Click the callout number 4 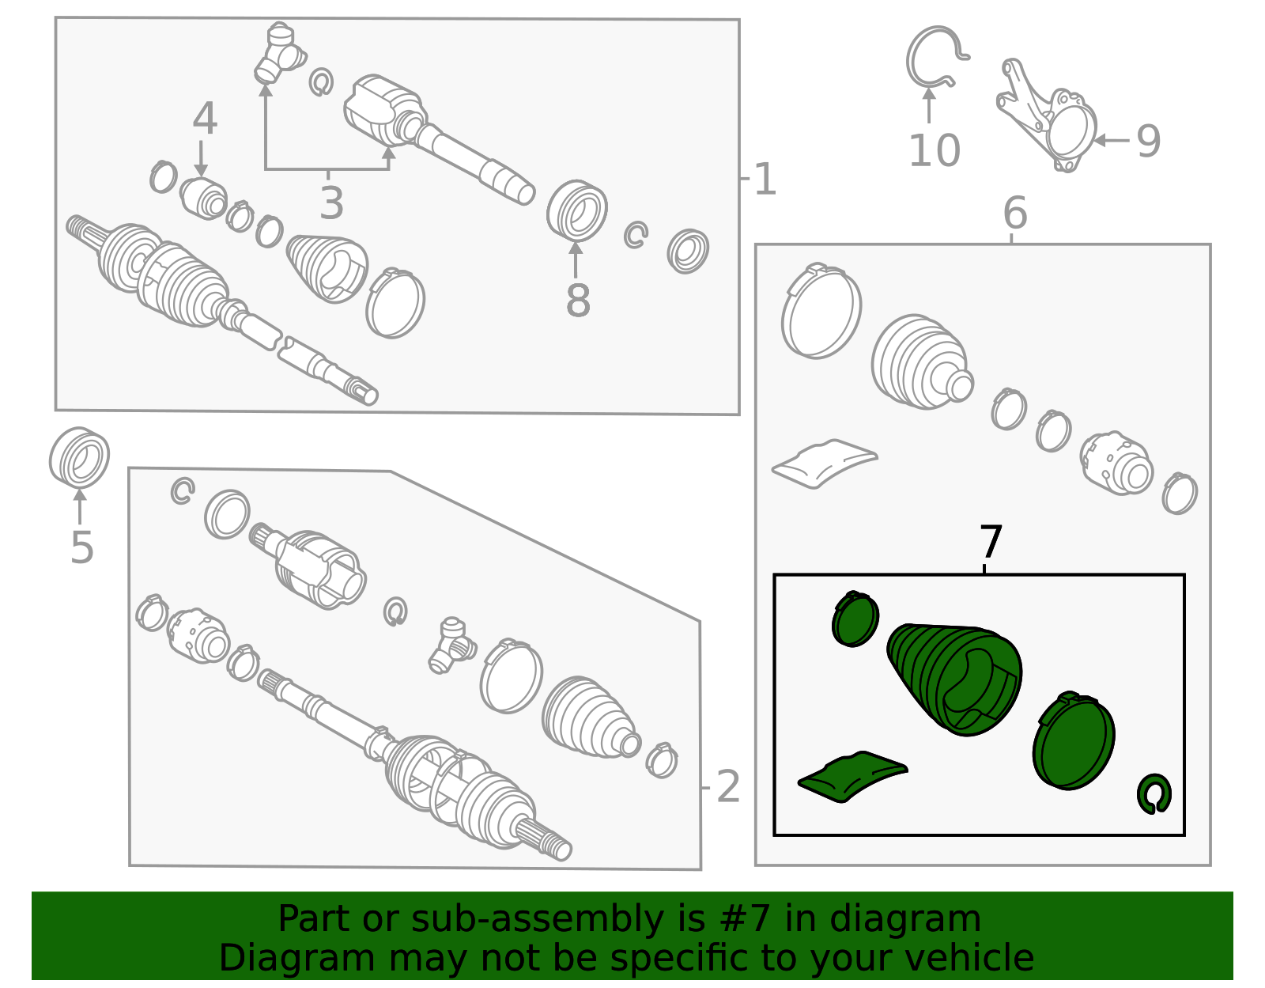[205, 119]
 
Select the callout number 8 [578, 301]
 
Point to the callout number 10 [934, 151]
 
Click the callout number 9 [1149, 142]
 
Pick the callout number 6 [1015, 213]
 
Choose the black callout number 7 [991, 541]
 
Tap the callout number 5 [81, 548]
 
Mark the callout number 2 [727, 787]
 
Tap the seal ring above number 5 [78, 457]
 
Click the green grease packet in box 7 [852, 776]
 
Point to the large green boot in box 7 [955, 678]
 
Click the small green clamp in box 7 [855, 619]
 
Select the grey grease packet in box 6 [825, 464]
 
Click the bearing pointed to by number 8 [577, 210]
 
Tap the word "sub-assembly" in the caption [538, 918]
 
